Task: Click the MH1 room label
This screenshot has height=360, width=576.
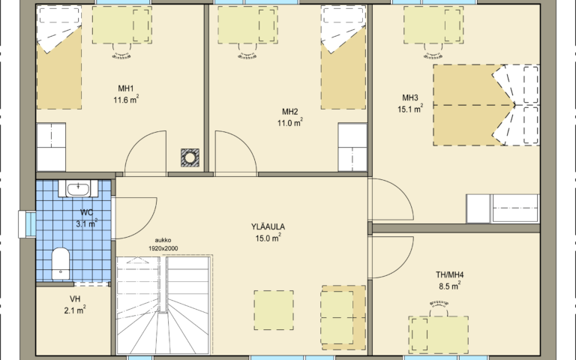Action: click(x=126, y=88)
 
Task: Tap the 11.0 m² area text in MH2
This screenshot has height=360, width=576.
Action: click(x=289, y=122)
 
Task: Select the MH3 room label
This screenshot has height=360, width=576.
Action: click(x=410, y=97)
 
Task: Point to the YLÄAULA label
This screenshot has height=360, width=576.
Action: click(x=268, y=226)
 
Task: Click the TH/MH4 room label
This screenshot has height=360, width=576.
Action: click(x=450, y=274)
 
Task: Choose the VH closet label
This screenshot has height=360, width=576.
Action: click(x=75, y=299)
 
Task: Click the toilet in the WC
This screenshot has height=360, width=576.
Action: click(x=61, y=263)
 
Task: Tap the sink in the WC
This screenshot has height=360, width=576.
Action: click(x=78, y=189)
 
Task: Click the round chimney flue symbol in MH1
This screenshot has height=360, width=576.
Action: click(x=190, y=157)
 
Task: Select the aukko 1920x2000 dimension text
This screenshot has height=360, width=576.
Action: click(x=163, y=244)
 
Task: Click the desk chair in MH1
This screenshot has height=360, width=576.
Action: click(x=121, y=51)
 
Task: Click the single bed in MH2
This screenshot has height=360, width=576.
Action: click(x=343, y=58)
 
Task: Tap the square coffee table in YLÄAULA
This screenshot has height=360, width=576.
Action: click(x=274, y=310)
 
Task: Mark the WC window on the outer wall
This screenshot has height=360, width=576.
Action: click(x=28, y=224)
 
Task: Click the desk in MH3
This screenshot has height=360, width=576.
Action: click(x=433, y=25)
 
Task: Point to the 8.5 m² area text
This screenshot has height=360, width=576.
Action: click(x=450, y=286)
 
